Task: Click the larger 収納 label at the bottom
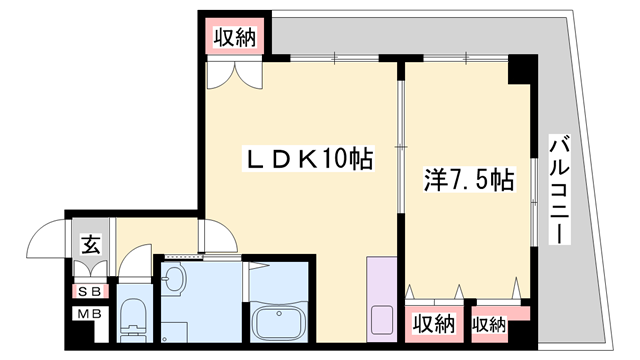pyautogui.click(x=433, y=324)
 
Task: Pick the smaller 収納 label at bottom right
pyautogui.click(x=489, y=324)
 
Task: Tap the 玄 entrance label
pyautogui.click(x=88, y=242)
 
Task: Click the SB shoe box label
pyautogui.click(x=88, y=291)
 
